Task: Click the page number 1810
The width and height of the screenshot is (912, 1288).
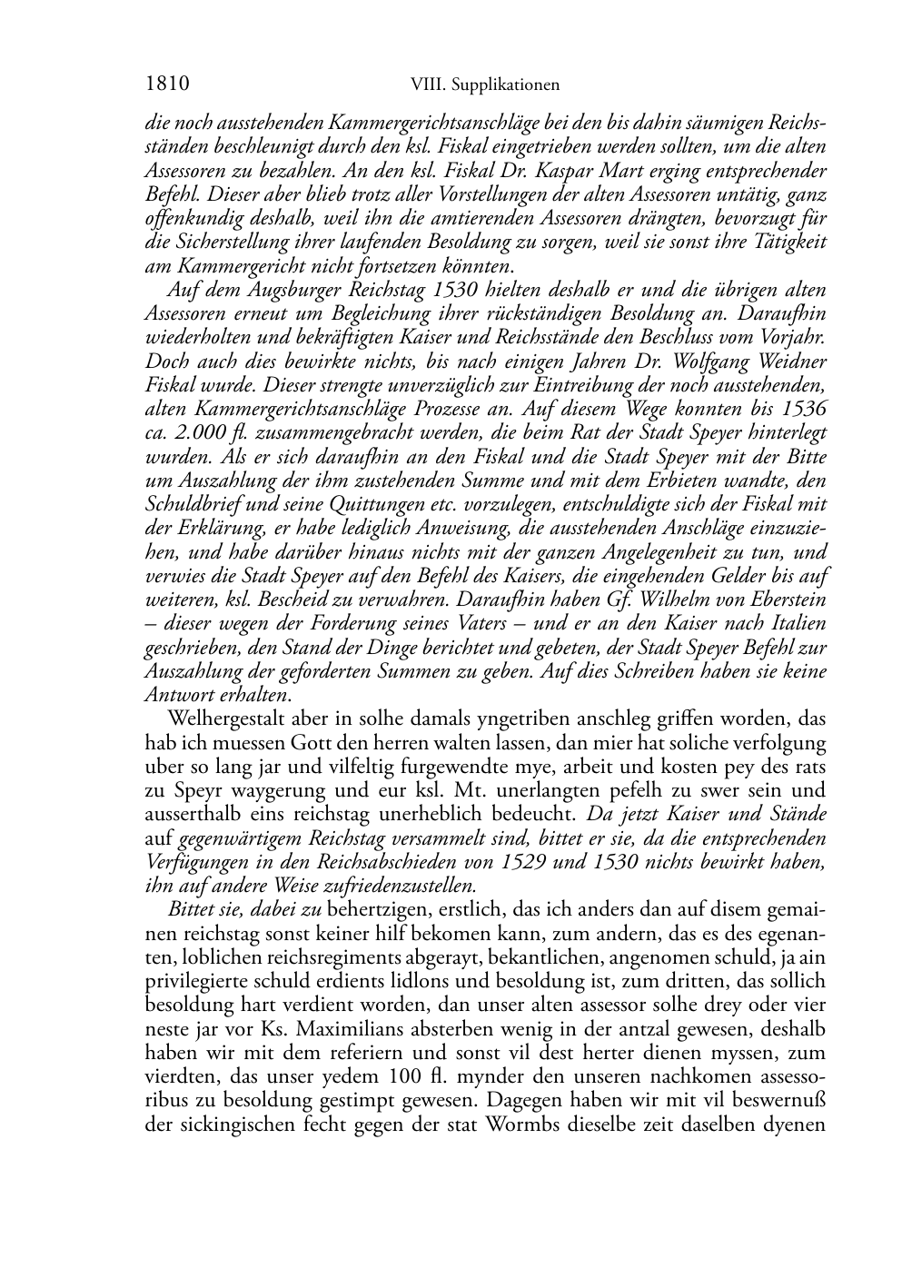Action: pyautogui.click(x=166, y=84)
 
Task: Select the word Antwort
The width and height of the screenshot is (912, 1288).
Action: pyautogui.click(x=177, y=694)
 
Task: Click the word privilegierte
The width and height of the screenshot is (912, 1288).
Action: pyautogui.click(x=192, y=980)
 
